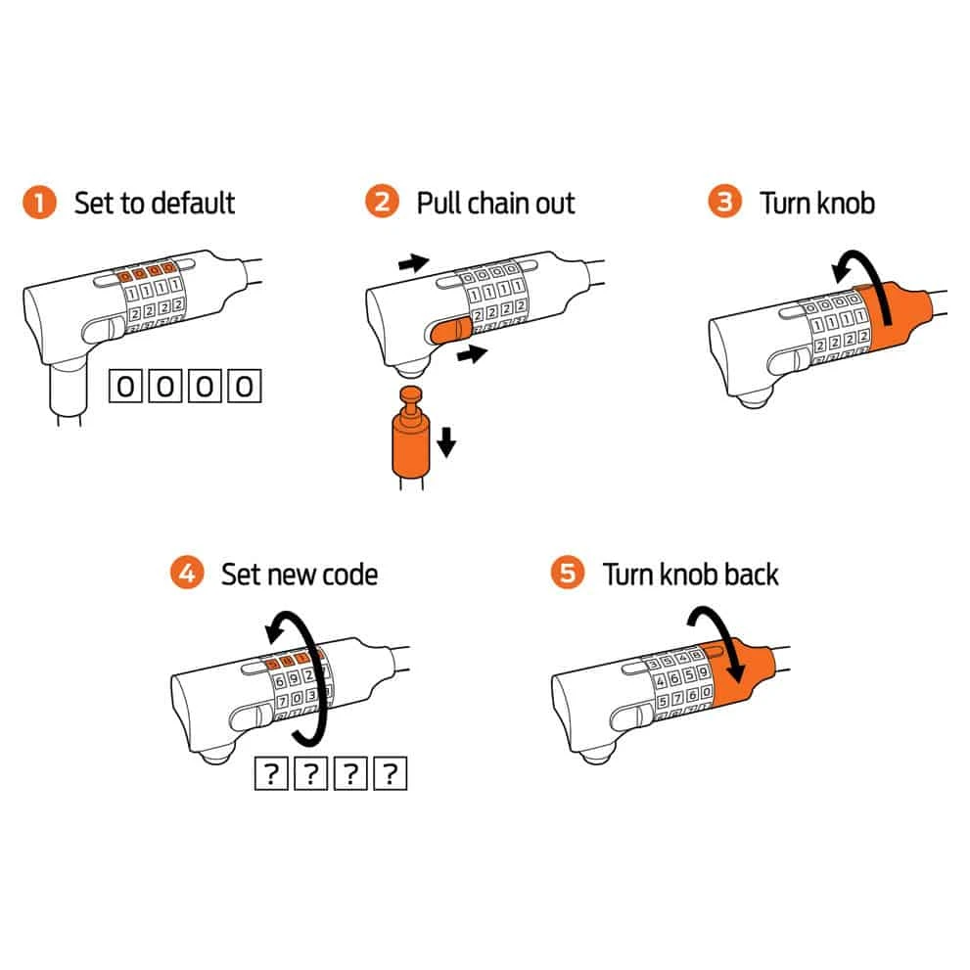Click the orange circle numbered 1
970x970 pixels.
(39, 203)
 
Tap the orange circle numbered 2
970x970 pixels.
(382, 201)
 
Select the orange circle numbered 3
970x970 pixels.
(724, 201)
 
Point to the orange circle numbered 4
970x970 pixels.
(187, 573)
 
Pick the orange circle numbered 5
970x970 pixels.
(568, 573)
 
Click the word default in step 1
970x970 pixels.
(193, 203)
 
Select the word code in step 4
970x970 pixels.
(350, 575)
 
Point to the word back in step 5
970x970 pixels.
(751, 575)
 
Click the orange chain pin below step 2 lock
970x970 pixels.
(411, 433)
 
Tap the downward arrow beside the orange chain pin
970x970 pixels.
(446, 441)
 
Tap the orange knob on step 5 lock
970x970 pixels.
(741, 675)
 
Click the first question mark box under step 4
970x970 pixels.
(271, 773)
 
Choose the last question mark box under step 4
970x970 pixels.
(391, 773)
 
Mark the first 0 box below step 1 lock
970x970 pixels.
(125, 386)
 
